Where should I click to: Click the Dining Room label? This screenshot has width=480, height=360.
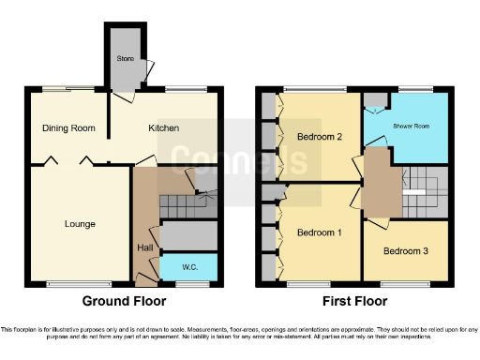pyautogui.click(x=67, y=128)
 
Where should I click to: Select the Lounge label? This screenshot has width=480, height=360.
pyautogui.click(x=80, y=224)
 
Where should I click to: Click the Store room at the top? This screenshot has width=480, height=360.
pyautogui.click(x=126, y=58)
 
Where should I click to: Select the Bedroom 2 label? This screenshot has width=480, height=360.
pyautogui.click(x=319, y=137)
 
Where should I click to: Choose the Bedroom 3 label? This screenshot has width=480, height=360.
pyautogui.click(x=406, y=251)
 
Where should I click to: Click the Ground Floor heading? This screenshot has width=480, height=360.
pyautogui.click(x=125, y=302)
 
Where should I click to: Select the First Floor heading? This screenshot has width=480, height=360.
pyautogui.click(x=353, y=302)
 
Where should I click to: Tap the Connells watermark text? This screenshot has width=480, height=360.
pyautogui.click(x=239, y=159)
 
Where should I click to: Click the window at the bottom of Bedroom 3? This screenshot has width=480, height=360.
pyautogui.click(x=406, y=281)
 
